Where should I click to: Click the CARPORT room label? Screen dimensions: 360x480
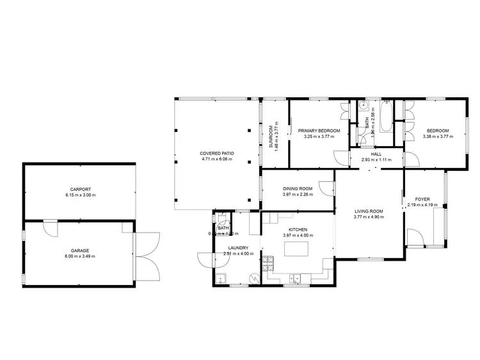pos(80,189)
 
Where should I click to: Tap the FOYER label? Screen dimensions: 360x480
pos(422,199)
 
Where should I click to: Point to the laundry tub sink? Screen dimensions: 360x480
pos(221,279)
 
